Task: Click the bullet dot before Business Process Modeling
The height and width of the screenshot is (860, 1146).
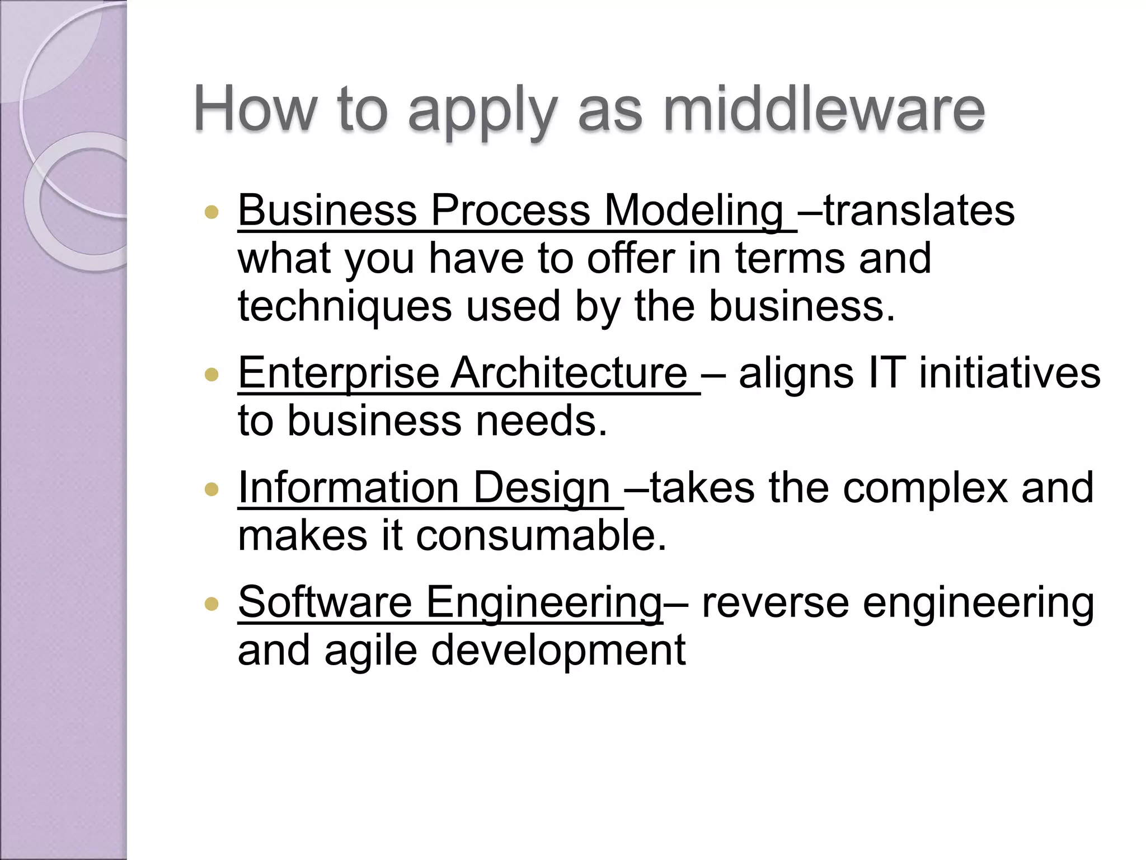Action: pyautogui.click(x=212, y=212)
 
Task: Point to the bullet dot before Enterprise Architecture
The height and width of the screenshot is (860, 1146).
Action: pyautogui.click(x=212, y=375)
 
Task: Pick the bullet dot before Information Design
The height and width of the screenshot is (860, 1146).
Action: pyautogui.click(x=212, y=489)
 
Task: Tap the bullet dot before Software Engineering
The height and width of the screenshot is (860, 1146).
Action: pyautogui.click(x=212, y=604)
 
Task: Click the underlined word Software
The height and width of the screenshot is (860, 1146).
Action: pyautogui.click(x=325, y=602)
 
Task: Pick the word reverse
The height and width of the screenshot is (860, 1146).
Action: pyautogui.click(x=775, y=604)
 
